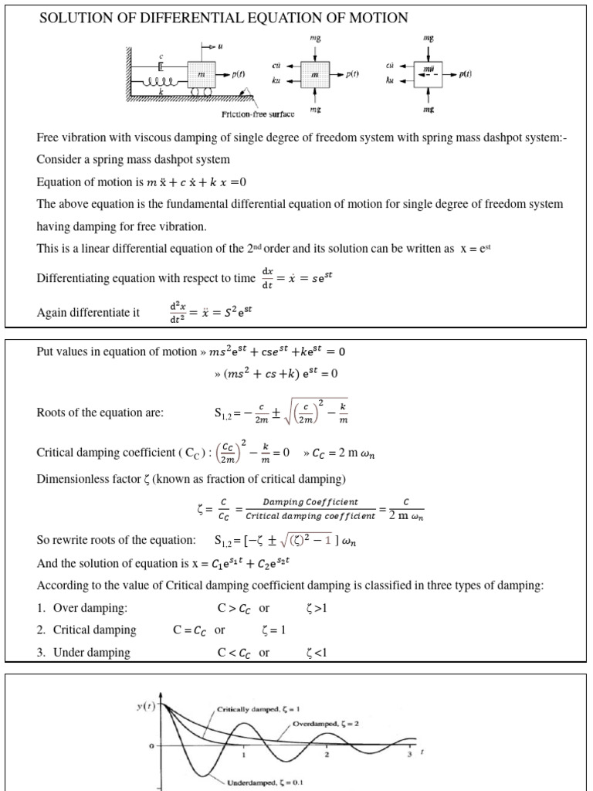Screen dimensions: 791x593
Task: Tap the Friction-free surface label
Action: (x=258, y=114)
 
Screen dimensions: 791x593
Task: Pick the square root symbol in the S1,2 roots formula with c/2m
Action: (x=267, y=412)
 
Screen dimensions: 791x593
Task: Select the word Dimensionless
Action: (x=73, y=479)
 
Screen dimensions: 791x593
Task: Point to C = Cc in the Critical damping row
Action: (x=190, y=630)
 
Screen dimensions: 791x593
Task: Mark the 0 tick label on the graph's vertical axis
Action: (x=151, y=745)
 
